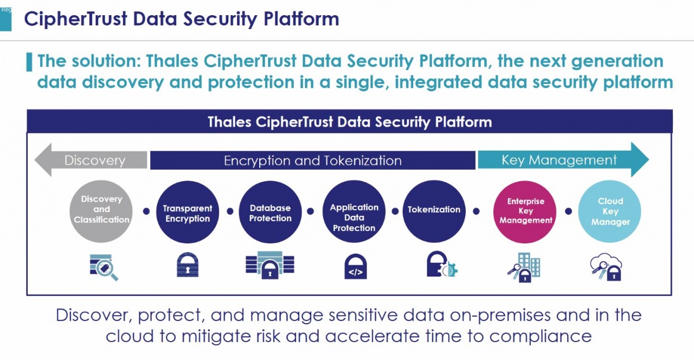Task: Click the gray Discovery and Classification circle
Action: pyautogui.click(x=101, y=211)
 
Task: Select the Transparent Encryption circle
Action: pyautogui.click(x=188, y=212)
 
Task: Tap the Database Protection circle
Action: pyautogui.click(x=270, y=212)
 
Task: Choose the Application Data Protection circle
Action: pyautogui.click(x=354, y=211)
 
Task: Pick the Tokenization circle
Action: pyautogui.click(x=434, y=211)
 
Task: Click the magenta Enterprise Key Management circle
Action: pyautogui.click(x=525, y=212)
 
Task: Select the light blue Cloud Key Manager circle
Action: pyautogui.click(x=610, y=211)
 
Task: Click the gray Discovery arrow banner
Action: pyautogui.click(x=91, y=160)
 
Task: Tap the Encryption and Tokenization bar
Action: pyautogui.click(x=313, y=160)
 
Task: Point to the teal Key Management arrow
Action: pyautogui.click(x=563, y=159)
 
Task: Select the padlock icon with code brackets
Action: pyautogui.click(x=356, y=266)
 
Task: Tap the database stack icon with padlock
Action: pyautogui.click(x=270, y=265)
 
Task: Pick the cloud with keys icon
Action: pyautogui.click(x=606, y=267)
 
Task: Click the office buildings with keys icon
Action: pyautogui.click(x=524, y=267)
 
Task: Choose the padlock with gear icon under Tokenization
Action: pyautogui.click(x=442, y=264)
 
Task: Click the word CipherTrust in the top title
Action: pyautogui.click(x=75, y=18)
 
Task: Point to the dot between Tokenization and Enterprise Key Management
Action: pyautogui.click(x=477, y=211)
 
